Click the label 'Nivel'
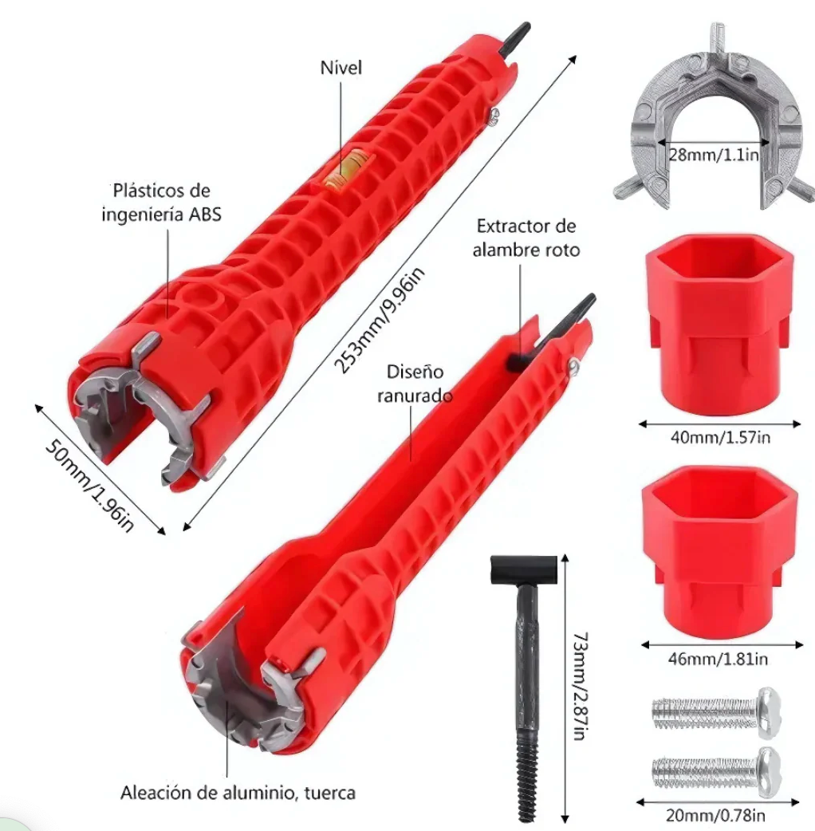tap(341, 68)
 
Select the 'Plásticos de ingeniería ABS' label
tap(162, 203)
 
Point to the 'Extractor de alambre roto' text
tap(526, 238)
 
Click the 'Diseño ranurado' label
tap(415, 383)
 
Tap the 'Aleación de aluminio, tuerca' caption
tap(238, 793)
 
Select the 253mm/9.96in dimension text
tap(380, 321)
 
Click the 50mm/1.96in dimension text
tap(89, 486)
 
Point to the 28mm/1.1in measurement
tap(713, 155)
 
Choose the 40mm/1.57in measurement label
tap(720, 437)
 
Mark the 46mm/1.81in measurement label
tap(718, 659)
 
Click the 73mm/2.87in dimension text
tap(581, 686)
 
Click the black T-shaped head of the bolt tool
tap(524, 569)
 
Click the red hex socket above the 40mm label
tap(719, 323)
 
